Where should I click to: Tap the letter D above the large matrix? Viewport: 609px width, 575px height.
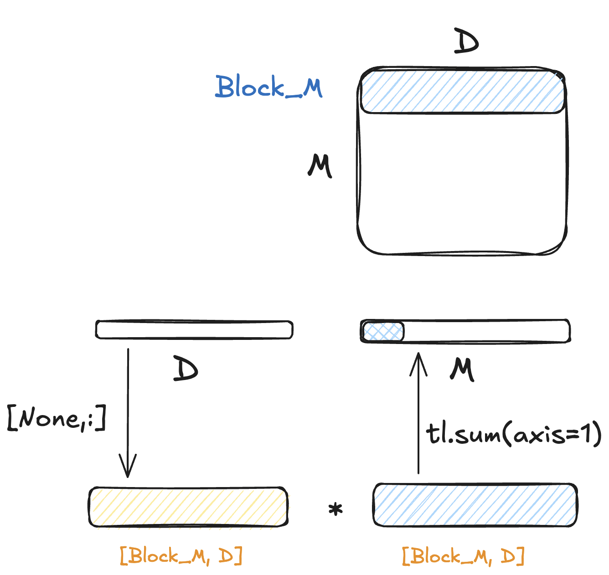(x=466, y=42)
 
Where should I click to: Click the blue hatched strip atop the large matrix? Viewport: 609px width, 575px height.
(x=462, y=91)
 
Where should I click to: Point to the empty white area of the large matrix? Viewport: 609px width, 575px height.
(x=462, y=182)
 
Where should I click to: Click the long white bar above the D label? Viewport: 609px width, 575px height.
(x=194, y=330)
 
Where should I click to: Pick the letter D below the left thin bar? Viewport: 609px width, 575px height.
(x=186, y=370)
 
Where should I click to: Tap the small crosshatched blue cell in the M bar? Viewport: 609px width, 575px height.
(x=383, y=332)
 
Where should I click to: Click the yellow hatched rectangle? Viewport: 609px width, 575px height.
(x=188, y=507)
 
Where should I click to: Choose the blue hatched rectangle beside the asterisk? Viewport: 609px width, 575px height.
(x=475, y=505)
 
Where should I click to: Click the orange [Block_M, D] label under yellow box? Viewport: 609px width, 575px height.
(x=181, y=556)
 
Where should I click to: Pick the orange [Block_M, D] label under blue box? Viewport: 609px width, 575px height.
(x=463, y=556)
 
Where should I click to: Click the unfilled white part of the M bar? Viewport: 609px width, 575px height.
(x=486, y=331)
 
